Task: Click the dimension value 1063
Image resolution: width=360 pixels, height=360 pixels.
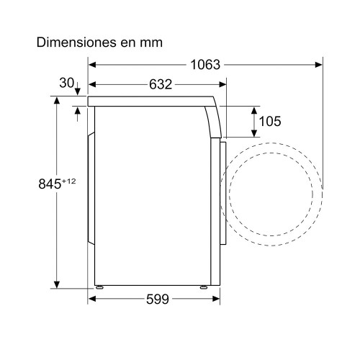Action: (x=205, y=65)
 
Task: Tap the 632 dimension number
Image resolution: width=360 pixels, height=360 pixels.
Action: (x=161, y=84)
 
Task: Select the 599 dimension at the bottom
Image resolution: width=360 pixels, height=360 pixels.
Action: (x=158, y=299)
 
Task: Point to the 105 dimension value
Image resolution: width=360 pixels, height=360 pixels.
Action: (x=270, y=121)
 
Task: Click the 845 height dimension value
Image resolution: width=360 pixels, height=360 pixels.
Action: (x=50, y=184)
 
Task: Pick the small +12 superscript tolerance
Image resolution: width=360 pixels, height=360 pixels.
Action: (x=69, y=181)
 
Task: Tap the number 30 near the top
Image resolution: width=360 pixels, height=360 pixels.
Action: (x=67, y=83)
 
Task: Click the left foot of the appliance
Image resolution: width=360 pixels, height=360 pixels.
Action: (x=99, y=287)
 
